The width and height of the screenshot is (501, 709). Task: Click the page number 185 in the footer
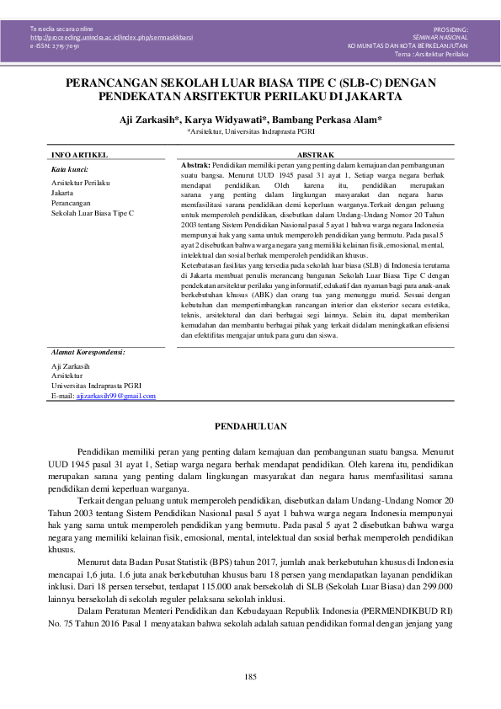pos(250,678)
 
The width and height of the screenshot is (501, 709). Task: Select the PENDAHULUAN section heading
pos(250,427)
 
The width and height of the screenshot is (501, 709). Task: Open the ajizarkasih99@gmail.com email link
pos(115,395)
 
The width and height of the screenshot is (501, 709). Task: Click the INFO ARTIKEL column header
pos(78,156)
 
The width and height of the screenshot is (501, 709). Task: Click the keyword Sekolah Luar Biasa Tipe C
pos(93,214)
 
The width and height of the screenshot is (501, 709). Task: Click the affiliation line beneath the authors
pos(251,132)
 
